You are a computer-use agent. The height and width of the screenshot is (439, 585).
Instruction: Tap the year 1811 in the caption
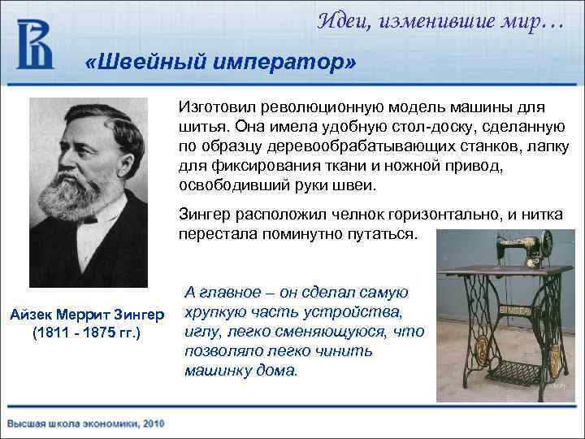click(x=51, y=333)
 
